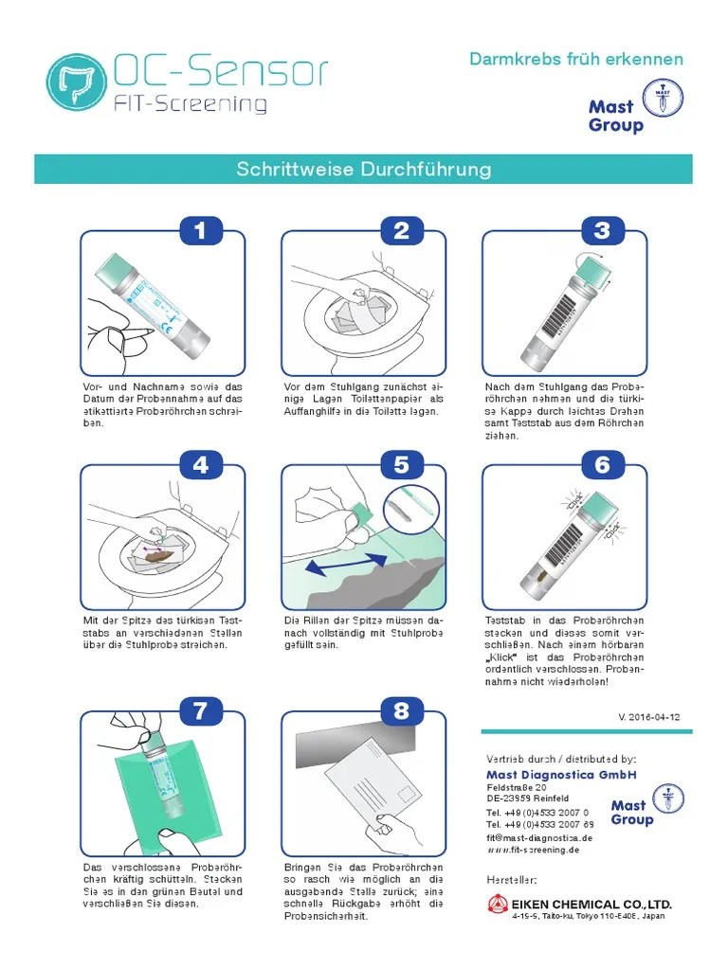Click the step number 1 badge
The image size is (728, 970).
click(x=201, y=230)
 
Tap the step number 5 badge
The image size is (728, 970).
click(x=402, y=465)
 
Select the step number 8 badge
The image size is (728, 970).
click(x=402, y=712)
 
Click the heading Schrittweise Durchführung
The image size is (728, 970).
click(x=364, y=170)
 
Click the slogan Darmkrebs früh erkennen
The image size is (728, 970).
click(x=576, y=59)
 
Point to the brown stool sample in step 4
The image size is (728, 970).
click(x=168, y=552)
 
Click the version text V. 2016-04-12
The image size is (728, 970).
click(x=649, y=717)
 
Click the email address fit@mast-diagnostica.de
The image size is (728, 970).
click(x=539, y=837)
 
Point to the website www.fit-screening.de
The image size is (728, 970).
click(x=533, y=850)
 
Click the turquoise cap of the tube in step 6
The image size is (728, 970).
click(x=598, y=509)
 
